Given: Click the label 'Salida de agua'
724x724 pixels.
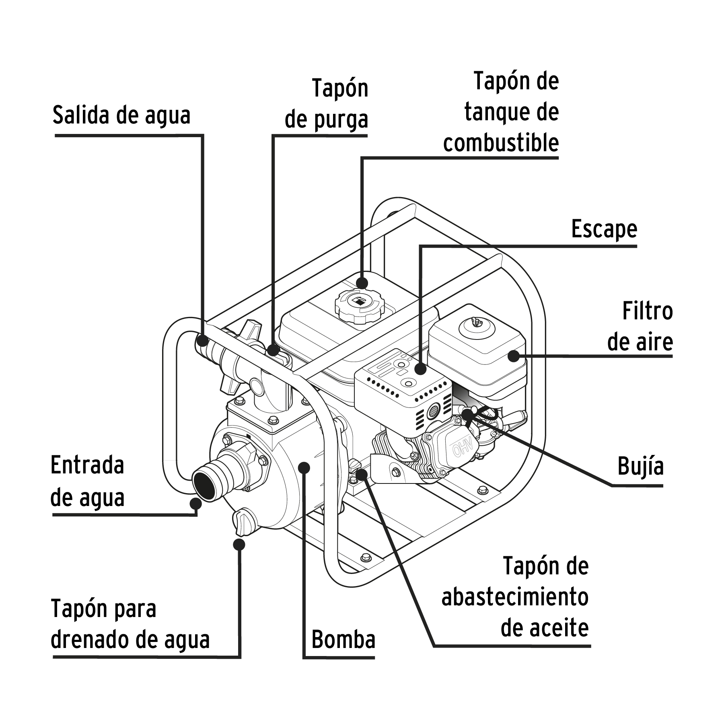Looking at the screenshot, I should click(121, 116).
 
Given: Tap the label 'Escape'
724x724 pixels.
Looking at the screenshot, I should click(604, 230).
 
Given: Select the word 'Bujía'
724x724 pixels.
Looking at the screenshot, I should click(640, 467).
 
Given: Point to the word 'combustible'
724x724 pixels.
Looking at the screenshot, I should click(501, 143).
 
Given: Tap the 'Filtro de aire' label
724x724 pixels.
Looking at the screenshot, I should click(640, 327).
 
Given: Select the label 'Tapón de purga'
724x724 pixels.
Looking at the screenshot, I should click(327, 104).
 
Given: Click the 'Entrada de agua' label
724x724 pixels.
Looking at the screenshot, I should click(87, 481).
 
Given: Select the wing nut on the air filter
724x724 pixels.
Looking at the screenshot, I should click(475, 321).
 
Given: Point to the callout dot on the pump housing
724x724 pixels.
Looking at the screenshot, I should click(304, 467).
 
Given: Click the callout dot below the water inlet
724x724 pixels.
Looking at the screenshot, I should click(195, 504).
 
